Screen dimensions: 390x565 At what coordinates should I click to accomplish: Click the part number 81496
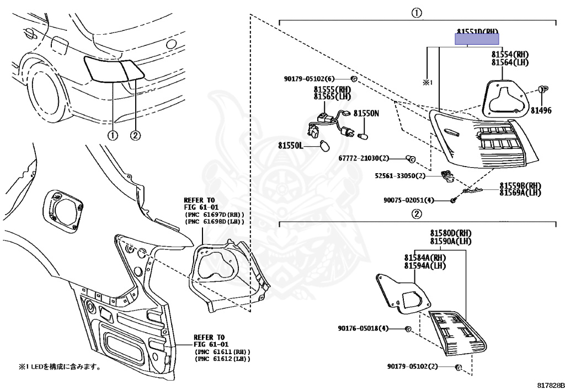click(x=541, y=110)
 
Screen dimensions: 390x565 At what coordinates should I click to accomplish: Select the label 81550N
click(x=366, y=113)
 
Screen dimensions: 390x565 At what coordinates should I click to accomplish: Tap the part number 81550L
click(x=290, y=146)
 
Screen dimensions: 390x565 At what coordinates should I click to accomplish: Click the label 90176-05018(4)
click(x=364, y=329)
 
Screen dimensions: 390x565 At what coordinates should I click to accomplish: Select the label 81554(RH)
click(x=510, y=55)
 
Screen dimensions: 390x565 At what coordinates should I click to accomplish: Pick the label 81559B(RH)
click(x=520, y=186)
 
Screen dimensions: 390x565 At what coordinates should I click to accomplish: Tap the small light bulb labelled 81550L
click(x=325, y=145)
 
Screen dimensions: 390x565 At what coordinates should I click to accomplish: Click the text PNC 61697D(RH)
click(x=214, y=215)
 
